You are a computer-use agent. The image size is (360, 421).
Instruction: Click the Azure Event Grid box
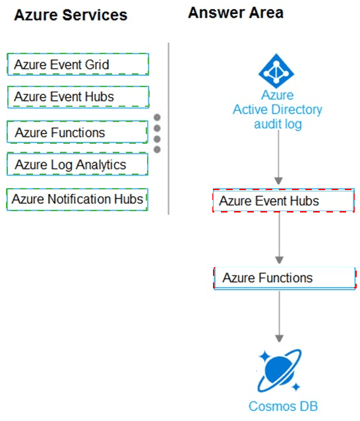[78, 65]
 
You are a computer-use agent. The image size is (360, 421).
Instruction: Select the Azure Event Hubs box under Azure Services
[78, 97]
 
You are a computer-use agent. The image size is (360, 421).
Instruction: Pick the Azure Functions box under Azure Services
[77, 132]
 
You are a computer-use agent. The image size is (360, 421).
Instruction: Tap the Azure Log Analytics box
[77, 164]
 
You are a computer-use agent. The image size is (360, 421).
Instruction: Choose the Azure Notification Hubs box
[77, 199]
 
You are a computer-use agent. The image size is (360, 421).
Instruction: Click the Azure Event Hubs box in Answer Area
[284, 201]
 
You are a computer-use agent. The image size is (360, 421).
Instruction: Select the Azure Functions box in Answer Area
[285, 278]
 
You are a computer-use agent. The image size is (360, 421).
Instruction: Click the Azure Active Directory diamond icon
[276, 71]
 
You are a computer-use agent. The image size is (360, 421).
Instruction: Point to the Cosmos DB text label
[284, 406]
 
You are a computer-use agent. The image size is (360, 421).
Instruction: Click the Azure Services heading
[71, 15]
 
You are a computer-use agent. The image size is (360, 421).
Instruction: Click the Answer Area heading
[236, 13]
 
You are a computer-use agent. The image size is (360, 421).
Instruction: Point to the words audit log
[278, 124]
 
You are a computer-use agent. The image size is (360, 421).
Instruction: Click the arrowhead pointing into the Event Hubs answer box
[278, 181]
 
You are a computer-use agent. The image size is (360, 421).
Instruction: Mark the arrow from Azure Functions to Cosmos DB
[280, 316]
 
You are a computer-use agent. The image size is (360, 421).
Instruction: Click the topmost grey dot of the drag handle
[157, 117]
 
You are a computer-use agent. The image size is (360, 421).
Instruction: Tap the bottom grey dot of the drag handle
[157, 150]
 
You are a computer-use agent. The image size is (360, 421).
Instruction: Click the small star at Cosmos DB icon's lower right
[296, 387]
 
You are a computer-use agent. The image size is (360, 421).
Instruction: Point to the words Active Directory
[278, 110]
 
